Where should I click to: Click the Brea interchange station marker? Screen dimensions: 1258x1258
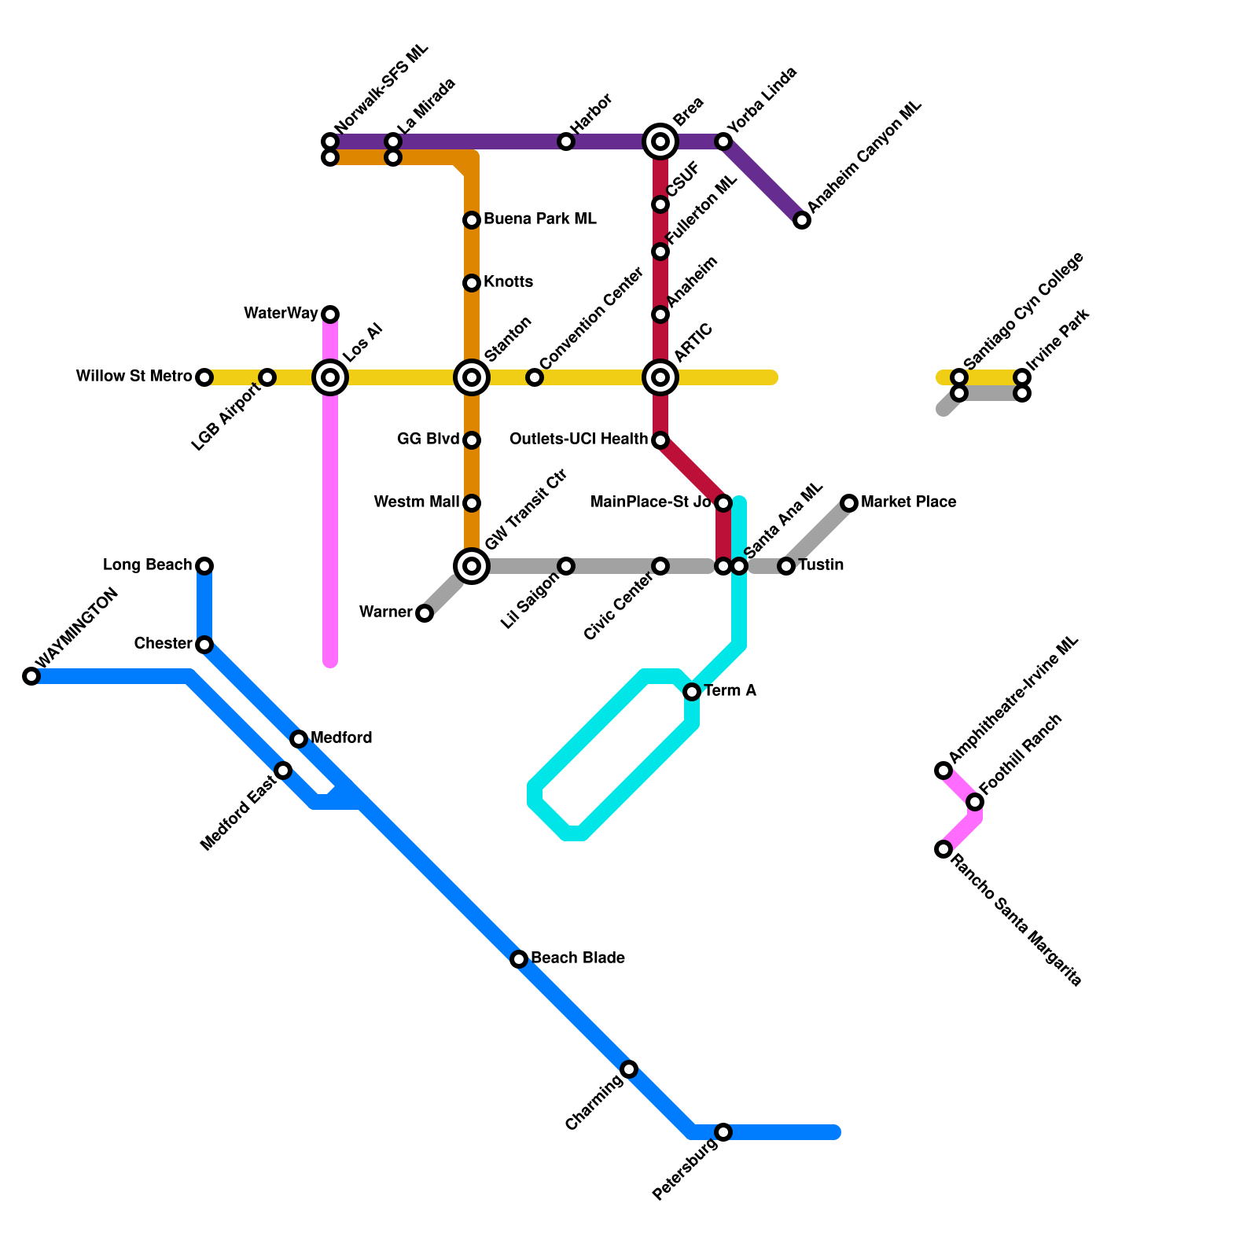pyautogui.click(x=660, y=142)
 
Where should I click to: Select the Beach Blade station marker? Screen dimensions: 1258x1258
pyautogui.click(x=519, y=959)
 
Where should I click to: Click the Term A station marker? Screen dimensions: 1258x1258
pyautogui.click(x=692, y=692)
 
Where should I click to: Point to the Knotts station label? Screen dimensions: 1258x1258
pyautogui.click(x=509, y=282)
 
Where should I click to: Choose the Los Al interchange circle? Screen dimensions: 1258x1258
pyautogui.click(x=330, y=377)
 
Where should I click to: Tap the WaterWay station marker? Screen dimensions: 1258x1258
pyautogui.click(x=330, y=314)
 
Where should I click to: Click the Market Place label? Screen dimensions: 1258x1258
pyautogui.click(x=909, y=502)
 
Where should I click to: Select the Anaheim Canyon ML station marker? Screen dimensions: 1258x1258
pyautogui.click(x=802, y=220)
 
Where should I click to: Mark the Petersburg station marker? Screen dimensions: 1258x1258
pyautogui.click(x=723, y=1132)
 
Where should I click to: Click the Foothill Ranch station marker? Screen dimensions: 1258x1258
pyautogui.click(x=975, y=802)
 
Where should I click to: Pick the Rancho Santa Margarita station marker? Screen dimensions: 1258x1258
pyautogui.click(x=943, y=849)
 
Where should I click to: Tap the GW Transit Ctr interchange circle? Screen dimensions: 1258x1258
pyautogui.click(x=472, y=566)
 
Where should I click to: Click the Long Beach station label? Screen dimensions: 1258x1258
pyautogui.click(x=148, y=565)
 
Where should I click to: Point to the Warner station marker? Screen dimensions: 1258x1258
pyautogui.click(x=425, y=613)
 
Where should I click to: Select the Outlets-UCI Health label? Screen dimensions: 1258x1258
pyautogui.click(x=579, y=440)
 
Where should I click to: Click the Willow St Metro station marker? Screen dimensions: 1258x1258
pyautogui.click(x=204, y=377)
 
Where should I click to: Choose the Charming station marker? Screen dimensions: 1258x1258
pyautogui.click(x=629, y=1069)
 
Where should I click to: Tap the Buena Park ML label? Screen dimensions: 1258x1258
pyautogui.click(x=540, y=219)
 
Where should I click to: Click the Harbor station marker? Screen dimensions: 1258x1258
pyautogui.click(x=566, y=142)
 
